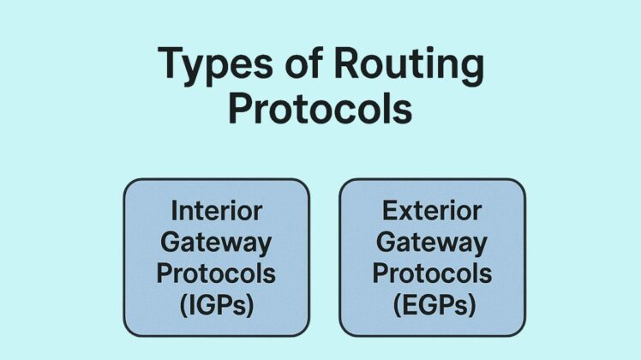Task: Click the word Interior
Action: click(x=216, y=211)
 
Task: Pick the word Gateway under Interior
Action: click(x=216, y=243)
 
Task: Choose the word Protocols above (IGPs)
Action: click(x=216, y=273)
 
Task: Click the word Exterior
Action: click(x=432, y=211)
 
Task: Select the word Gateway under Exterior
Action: click(x=432, y=243)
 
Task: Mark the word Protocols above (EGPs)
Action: click(x=432, y=273)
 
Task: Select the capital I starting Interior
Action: click(x=175, y=211)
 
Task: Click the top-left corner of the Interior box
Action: click(x=126, y=181)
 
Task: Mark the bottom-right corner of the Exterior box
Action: click(x=523, y=333)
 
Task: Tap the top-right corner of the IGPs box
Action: click(x=307, y=181)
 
